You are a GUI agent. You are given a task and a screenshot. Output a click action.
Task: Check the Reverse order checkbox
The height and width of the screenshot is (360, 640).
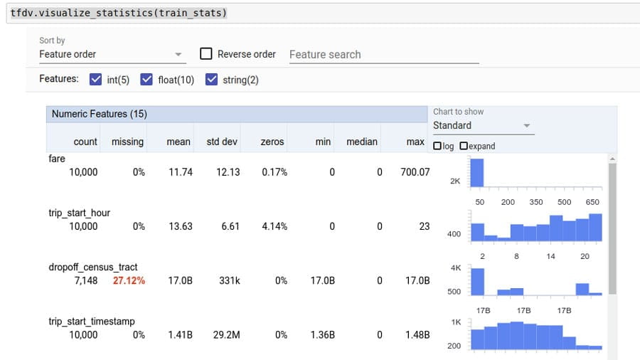pyautogui.click(x=206, y=54)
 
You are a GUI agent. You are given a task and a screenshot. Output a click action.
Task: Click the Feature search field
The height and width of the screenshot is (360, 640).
pyautogui.click(x=383, y=54)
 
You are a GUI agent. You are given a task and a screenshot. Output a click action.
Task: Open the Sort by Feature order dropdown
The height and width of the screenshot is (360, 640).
pyautogui.click(x=111, y=54)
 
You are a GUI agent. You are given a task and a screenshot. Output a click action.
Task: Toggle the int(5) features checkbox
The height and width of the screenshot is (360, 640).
pyautogui.click(x=96, y=80)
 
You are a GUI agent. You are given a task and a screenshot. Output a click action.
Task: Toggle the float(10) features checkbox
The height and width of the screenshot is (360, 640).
pyautogui.click(x=147, y=80)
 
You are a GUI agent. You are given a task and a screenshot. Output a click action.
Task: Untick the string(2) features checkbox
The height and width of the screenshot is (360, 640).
pyautogui.click(x=211, y=80)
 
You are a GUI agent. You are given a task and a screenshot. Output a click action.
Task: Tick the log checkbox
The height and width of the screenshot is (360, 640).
pyautogui.click(x=437, y=146)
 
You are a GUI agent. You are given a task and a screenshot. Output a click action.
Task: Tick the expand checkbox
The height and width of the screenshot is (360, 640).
pyautogui.click(x=464, y=146)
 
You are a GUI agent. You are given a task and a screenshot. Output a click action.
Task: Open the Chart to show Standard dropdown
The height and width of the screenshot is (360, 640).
pyautogui.click(x=482, y=125)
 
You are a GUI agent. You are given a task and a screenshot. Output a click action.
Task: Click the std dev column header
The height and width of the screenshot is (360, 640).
pyautogui.click(x=222, y=142)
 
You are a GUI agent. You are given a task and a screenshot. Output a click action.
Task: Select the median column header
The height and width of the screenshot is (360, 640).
pyautogui.click(x=361, y=142)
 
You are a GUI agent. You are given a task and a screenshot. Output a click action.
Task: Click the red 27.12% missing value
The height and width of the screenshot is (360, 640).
pyautogui.click(x=129, y=280)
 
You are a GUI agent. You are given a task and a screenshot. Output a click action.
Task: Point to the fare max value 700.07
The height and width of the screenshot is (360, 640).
pyautogui.click(x=415, y=172)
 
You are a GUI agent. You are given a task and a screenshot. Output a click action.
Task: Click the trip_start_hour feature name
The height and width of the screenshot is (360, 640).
pyautogui.click(x=79, y=213)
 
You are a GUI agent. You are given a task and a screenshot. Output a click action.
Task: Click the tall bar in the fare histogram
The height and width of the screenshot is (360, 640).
pyautogui.click(x=476, y=172)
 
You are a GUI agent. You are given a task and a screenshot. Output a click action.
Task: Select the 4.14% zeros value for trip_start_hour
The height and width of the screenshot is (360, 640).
pyautogui.click(x=274, y=226)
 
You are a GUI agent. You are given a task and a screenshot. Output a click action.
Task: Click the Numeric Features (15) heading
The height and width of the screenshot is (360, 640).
pyautogui.click(x=99, y=114)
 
